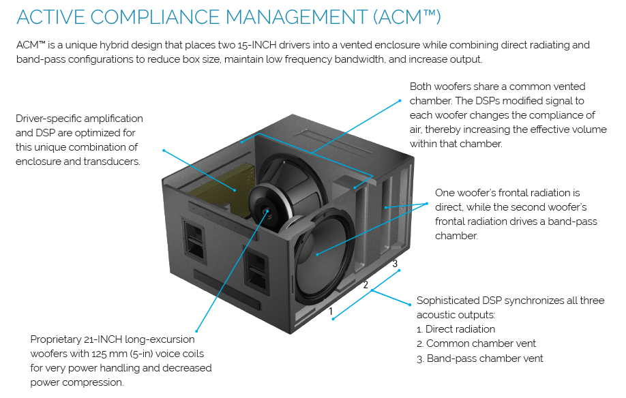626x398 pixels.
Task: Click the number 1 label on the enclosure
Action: [331, 311]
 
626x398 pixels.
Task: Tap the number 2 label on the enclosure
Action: [366, 286]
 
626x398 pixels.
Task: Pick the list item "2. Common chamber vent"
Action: [476, 343]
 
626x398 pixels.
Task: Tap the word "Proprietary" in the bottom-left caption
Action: [57, 339]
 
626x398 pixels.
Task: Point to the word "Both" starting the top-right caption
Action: [421, 87]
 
